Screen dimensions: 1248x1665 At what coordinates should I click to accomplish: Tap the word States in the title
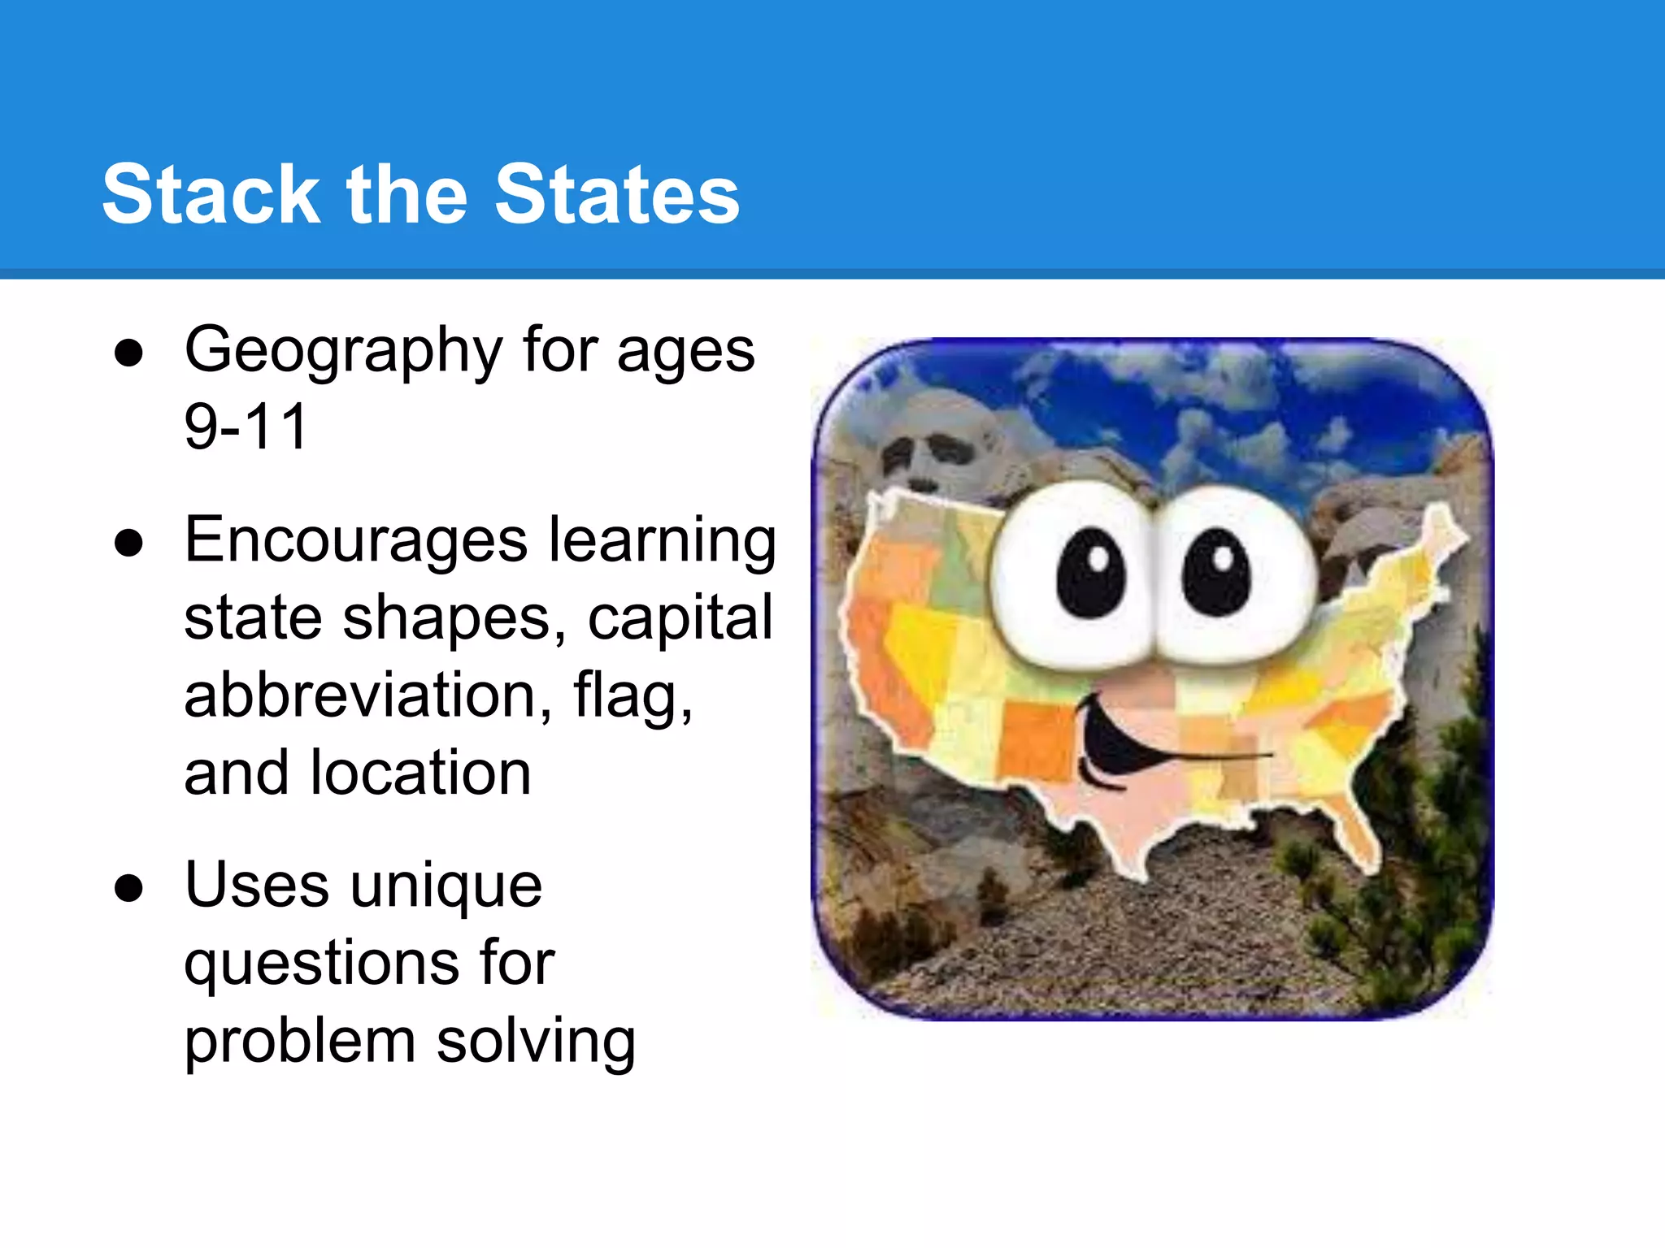[617, 194]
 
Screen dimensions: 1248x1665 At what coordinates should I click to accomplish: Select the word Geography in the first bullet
[342, 352]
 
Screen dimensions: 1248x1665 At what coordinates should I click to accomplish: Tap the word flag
[633, 696]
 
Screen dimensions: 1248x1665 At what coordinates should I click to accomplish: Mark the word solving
[536, 1041]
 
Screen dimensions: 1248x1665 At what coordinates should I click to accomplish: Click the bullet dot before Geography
[129, 353]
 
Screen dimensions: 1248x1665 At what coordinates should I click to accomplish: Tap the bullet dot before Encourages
[129, 543]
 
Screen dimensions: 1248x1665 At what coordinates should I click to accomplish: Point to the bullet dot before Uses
[129, 887]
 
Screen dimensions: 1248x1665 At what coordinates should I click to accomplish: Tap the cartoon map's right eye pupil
[1217, 572]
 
